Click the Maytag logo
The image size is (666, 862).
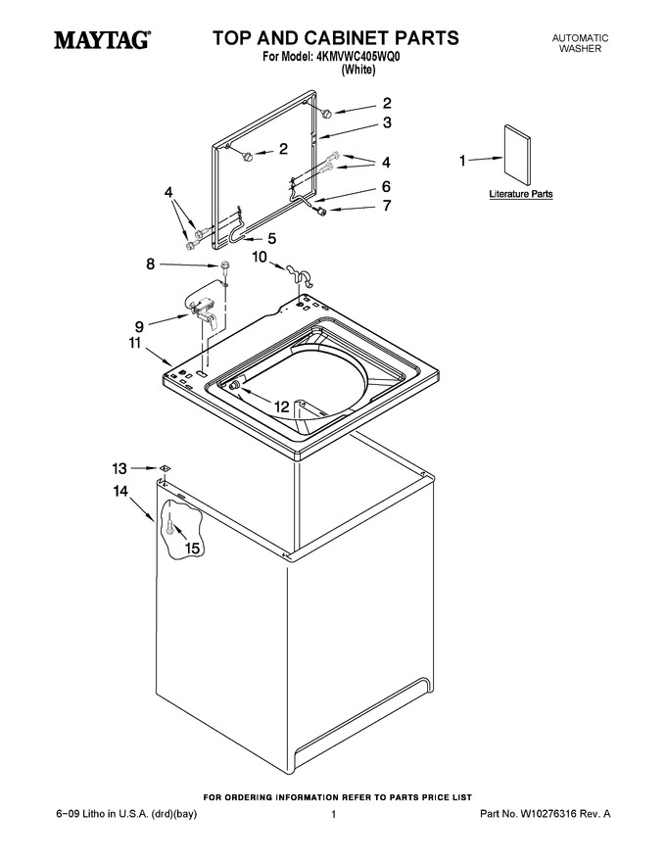[102, 40]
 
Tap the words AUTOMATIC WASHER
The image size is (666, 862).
[580, 43]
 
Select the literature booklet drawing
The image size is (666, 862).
[518, 155]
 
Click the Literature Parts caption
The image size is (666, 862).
[521, 194]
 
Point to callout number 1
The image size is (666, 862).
[462, 161]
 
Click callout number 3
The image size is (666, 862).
[387, 122]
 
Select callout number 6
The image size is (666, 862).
[386, 186]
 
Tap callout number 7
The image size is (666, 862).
[387, 206]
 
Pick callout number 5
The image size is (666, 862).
[272, 239]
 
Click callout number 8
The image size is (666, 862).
[151, 264]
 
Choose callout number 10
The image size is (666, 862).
[260, 257]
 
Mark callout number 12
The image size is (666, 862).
[281, 407]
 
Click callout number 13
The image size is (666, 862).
[119, 468]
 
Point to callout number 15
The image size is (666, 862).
[192, 549]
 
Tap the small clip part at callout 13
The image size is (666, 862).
[164, 468]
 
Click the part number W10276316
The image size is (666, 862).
[547, 814]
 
